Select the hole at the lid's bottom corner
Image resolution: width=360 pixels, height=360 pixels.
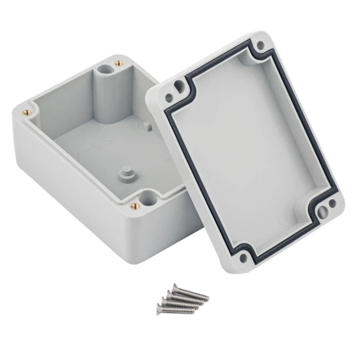point(238,258)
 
